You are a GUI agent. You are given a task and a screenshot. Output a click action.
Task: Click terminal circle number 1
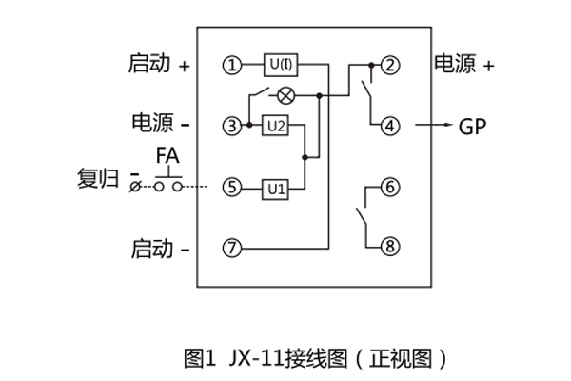click(231, 65)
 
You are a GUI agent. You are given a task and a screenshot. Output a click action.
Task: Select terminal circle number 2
click(389, 65)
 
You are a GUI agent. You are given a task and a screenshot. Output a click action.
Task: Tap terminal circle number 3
click(231, 126)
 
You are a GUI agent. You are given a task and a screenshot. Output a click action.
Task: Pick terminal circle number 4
click(389, 126)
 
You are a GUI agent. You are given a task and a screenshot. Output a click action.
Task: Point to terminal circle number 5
click(231, 188)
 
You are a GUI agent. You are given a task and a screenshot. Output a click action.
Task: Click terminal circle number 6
click(389, 188)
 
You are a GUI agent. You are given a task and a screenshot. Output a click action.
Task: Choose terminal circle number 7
click(231, 249)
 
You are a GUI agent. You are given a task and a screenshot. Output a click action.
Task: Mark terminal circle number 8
click(389, 249)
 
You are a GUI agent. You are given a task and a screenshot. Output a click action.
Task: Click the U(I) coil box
click(281, 65)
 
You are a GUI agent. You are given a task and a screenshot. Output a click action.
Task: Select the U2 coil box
click(276, 126)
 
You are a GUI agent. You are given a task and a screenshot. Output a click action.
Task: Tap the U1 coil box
click(276, 188)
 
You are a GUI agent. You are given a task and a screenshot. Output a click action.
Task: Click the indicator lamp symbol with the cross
click(283, 95)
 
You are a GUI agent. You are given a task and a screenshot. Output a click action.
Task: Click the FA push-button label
click(168, 155)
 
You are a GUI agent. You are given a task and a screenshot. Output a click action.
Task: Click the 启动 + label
click(159, 64)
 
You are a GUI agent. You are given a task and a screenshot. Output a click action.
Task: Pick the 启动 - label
click(160, 250)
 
